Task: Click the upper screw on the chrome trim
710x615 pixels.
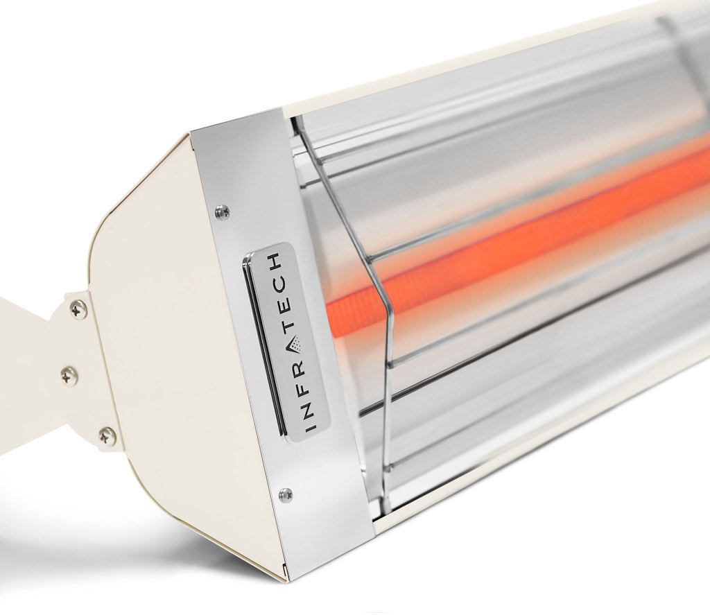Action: [x=222, y=212]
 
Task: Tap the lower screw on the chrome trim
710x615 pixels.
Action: [x=285, y=494]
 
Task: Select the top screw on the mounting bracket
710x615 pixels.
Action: [x=78, y=309]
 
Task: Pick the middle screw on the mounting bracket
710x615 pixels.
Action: [x=69, y=376]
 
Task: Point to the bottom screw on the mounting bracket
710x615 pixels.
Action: [x=107, y=436]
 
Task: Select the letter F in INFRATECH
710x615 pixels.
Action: [x=304, y=384]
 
